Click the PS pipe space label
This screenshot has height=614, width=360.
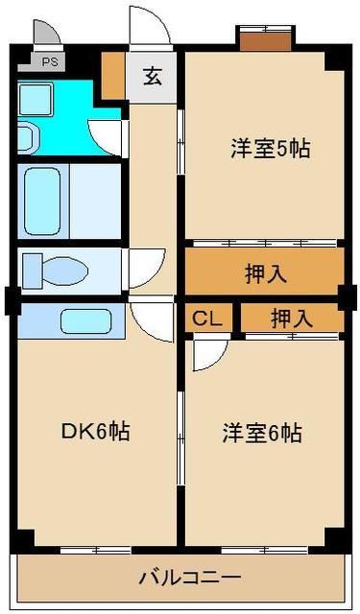tap(48, 63)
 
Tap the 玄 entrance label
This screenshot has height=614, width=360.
tap(153, 77)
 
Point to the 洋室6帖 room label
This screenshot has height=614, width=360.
tap(266, 434)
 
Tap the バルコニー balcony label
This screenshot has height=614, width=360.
tap(188, 579)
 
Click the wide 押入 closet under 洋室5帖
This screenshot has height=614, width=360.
tap(265, 273)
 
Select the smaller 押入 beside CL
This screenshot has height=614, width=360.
tap(291, 319)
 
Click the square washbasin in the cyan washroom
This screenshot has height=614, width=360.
tap(37, 97)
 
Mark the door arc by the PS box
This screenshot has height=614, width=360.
tap(43, 35)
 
